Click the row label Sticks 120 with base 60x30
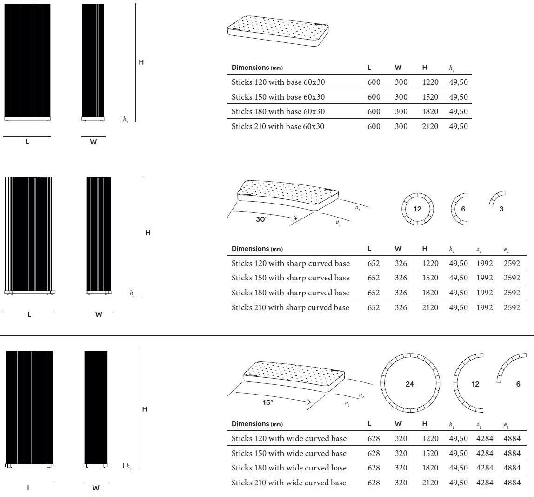tap(278, 82)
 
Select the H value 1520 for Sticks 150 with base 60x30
tap(430, 97)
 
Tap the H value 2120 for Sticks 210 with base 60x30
tap(430, 126)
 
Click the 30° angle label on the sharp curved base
tap(262, 219)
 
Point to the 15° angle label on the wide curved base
tap(268, 403)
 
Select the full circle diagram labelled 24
tap(410, 383)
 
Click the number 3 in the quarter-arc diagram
tap(501, 209)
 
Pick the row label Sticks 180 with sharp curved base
tap(290, 293)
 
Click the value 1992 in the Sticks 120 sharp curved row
tap(484, 263)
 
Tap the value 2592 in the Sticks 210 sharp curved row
tap(512, 307)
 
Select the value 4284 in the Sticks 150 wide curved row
tap(485, 453)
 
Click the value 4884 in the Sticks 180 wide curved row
tap(512, 468)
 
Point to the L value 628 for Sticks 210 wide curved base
tap(374, 483)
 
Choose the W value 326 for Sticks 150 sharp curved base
tap(400, 278)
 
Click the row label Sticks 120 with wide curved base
tap(289, 438)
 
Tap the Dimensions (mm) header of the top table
tap(257, 68)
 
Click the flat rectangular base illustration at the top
tap(278, 31)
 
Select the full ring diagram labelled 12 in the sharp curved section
tap(417, 209)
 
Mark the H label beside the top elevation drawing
tap(141, 62)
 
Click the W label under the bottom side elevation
tap(96, 488)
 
